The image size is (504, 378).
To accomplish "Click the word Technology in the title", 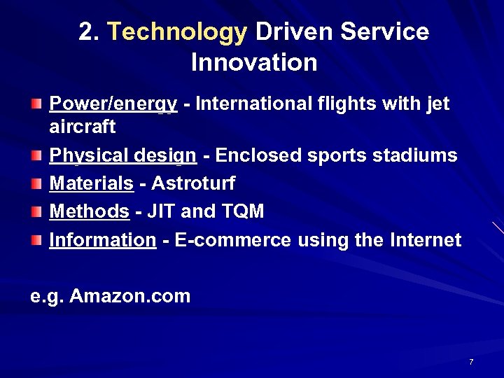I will (178, 32).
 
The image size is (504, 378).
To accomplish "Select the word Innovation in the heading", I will (254, 63).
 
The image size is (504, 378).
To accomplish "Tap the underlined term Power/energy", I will (113, 104).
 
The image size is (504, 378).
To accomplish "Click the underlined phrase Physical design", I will (122, 156).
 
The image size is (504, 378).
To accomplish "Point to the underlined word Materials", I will (91, 184).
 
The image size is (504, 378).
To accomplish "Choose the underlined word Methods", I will (89, 211).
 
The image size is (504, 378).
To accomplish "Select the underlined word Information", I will (102, 240).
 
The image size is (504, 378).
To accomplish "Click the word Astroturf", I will (193, 184).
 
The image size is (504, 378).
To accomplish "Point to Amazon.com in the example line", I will (130, 296).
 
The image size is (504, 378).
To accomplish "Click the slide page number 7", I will (471, 362).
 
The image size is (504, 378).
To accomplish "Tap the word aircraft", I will (82, 127).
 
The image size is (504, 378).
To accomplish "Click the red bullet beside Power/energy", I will (36, 105).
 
